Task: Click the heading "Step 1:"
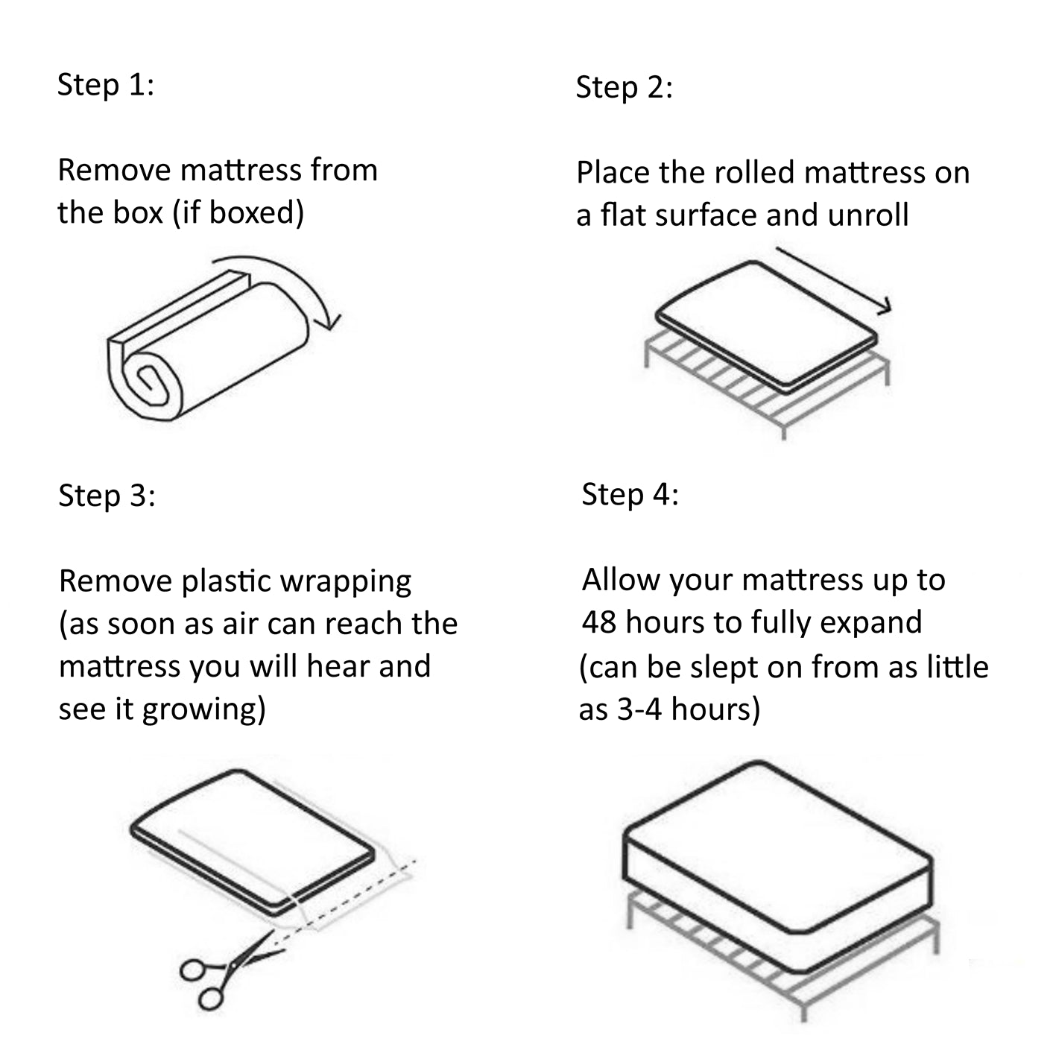[x=105, y=84]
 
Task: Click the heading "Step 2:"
[x=624, y=87]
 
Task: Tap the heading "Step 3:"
[x=107, y=496]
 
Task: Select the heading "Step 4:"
[x=630, y=494]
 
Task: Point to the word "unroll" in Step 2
[x=867, y=215]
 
